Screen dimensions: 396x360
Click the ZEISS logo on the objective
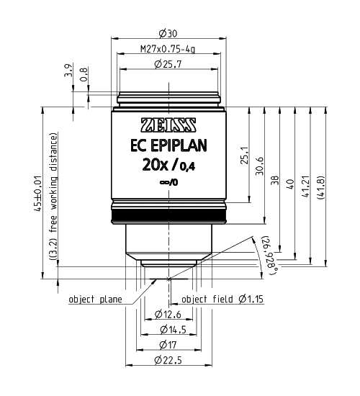point(170,122)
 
